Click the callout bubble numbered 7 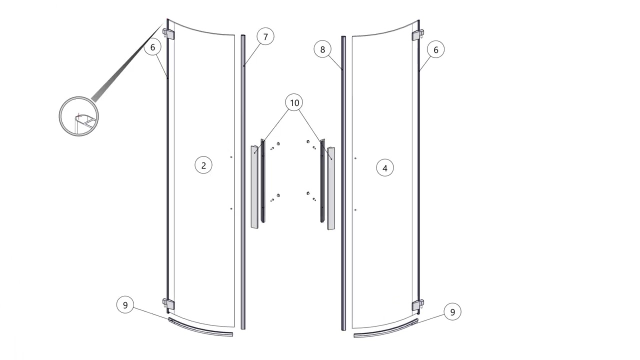[265, 36]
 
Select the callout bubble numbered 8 [322, 49]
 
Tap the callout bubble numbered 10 [294, 102]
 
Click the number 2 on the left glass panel [203, 165]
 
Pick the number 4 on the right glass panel [385, 168]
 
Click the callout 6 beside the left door [152, 47]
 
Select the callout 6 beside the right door [435, 49]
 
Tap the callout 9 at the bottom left [125, 305]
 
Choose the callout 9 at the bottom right [452, 312]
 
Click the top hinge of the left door [168, 33]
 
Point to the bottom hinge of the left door [168, 304]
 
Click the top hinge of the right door [417, 35]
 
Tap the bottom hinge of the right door [417, 305]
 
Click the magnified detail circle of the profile [78, 116]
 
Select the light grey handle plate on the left [254, 187]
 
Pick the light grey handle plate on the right [331, 188]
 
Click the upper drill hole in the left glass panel [231, 157]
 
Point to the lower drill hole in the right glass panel [355, 210]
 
